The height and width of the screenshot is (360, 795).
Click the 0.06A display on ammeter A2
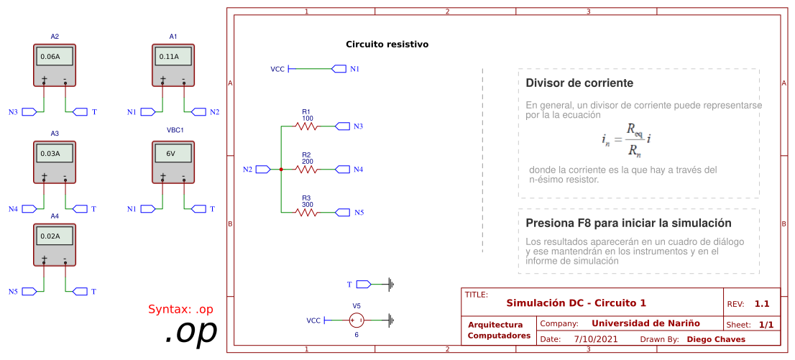(55, 56)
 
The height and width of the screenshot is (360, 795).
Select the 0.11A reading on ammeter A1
(173, 56)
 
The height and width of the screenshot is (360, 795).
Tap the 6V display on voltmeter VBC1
(173, 154)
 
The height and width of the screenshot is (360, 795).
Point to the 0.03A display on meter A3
(55, 154)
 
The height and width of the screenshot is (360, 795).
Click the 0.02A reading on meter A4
(55, 236)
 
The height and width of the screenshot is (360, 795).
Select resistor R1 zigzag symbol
(307, 126)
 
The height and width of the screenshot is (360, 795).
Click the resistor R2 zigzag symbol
(307, 170)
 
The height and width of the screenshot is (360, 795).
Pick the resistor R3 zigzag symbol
(307, 213)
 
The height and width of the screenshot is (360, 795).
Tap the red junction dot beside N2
(281, 170)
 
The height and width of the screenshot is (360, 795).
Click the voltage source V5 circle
(357, 320)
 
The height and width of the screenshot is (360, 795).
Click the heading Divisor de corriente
(579, 83)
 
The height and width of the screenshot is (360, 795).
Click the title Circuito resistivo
(387, 45)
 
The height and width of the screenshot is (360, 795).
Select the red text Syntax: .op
(180, 310)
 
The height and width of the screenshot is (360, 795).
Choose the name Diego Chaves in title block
(716, 339)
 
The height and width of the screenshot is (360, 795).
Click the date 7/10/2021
(596, 339)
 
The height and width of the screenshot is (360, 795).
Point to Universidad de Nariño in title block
(645, 323)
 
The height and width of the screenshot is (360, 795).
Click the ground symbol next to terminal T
(391, 284)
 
